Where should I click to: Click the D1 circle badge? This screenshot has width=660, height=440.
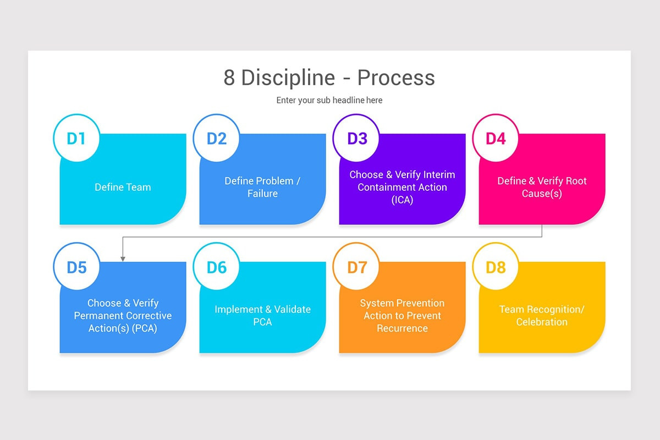76,138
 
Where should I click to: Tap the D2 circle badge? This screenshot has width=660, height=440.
216,138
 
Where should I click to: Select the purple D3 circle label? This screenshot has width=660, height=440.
356,138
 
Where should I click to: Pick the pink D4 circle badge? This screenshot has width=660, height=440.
496,138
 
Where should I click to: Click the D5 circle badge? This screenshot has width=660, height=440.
76,267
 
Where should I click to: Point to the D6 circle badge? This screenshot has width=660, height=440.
216,267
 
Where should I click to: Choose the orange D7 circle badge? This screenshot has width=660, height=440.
356,267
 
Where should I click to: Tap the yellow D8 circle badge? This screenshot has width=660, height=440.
496,267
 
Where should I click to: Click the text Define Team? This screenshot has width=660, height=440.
123,187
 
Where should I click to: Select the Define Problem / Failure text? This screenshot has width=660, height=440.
262,187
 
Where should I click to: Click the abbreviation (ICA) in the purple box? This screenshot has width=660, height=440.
402,200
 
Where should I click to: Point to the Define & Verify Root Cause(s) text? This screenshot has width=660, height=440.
542,187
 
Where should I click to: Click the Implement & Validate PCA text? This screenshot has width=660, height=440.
262,316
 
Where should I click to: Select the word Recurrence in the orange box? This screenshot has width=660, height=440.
402,328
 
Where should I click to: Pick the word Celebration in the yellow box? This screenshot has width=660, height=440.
542,322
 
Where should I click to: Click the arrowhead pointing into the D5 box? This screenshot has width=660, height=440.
123,258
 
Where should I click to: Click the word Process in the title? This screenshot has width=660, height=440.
396,78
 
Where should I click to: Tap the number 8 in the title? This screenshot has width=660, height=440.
229,78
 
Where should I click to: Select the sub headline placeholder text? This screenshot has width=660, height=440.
329,100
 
